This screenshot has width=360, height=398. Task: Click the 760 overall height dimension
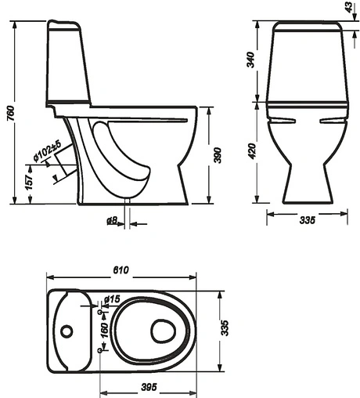point(10,113)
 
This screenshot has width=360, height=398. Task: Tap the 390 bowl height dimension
point(218,156)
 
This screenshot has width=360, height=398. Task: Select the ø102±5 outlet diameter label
point(47,151)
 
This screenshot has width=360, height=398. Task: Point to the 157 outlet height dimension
point(30,182)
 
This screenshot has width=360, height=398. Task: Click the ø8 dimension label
point(112,221)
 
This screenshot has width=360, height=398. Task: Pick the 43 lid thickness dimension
point(348,7)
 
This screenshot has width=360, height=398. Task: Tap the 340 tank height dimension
point(250,60)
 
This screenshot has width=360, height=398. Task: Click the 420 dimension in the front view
point(252,150)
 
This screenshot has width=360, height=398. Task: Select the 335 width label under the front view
point(308,220)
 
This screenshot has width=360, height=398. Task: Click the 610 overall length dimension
point(121,270)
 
